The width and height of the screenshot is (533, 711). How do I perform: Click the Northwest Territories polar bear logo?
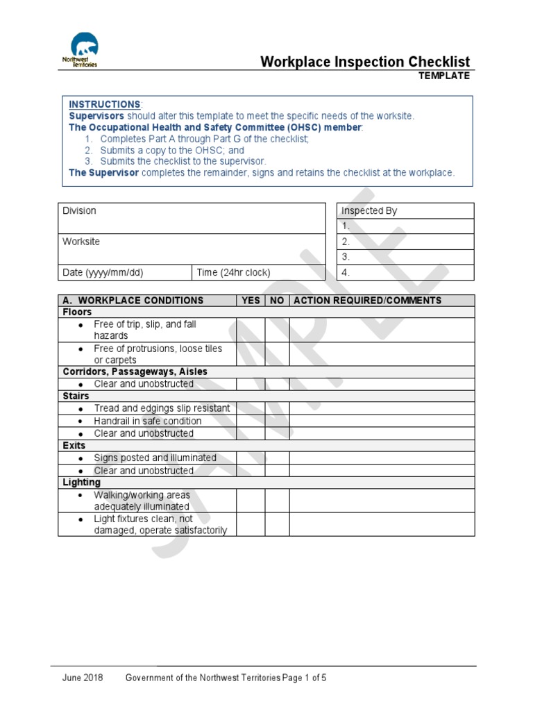point(81,50)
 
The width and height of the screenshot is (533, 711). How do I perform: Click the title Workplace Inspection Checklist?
point(364,62)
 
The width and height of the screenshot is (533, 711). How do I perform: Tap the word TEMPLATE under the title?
point(443,76)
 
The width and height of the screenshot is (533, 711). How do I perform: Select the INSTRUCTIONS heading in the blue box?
point(104,104)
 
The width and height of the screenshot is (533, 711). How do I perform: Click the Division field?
point(191,218)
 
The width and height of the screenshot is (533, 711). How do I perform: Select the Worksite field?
point(191,249)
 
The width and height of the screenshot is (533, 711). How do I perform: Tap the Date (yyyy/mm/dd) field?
point(125,273)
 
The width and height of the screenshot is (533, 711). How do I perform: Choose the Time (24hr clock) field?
point(258,273)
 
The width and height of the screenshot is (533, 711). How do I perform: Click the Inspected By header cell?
point(405,211)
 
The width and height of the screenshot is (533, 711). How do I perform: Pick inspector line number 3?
point(405,257)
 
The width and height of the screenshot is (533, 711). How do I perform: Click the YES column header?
point(250,301)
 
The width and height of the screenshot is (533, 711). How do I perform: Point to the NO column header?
point(277,301)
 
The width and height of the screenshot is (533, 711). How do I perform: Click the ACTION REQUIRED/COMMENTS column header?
point(382,301)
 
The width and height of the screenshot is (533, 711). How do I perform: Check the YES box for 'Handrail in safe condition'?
point(250,421)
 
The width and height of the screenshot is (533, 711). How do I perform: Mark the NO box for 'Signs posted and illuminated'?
point(277,458)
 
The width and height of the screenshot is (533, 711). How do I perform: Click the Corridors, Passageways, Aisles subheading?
point(135,371)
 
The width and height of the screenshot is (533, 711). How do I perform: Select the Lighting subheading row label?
point(81,482)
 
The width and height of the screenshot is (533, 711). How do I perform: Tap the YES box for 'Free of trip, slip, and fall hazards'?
point(250,330)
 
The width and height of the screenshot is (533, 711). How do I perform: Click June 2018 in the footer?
point(83,678)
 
